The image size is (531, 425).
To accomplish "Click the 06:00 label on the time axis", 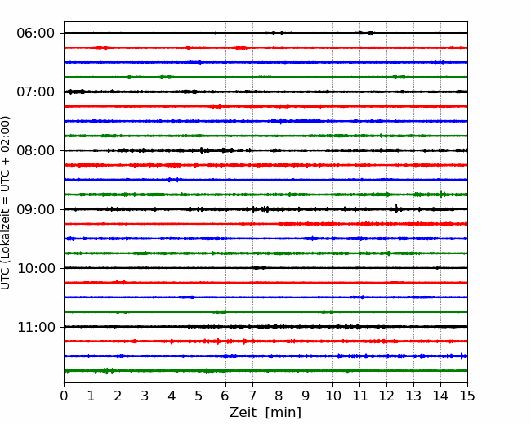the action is pos(36,34).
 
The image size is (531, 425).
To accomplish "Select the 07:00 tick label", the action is pos(36,92).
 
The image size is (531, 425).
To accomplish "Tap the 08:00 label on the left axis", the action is pos(36,150).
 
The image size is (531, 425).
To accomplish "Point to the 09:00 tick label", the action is pos(36,209).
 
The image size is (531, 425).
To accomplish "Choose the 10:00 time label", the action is pos(36,268).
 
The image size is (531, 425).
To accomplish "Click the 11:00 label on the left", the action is pos(36,327).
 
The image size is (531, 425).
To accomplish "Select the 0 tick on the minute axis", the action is pos(64,396).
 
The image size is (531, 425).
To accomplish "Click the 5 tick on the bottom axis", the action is pos(199,396).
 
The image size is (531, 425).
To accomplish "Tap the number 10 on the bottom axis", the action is pos(332,396).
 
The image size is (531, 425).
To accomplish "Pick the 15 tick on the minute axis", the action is pos(467,396).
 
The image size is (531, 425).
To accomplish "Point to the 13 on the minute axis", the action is pos(413,396).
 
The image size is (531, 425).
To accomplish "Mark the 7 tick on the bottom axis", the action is pos(252,396).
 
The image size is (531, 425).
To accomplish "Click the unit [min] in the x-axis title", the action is pos(283,413).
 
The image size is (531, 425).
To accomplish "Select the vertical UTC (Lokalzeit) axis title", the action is pos(6,203).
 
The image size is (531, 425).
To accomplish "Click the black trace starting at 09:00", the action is pos(265,209).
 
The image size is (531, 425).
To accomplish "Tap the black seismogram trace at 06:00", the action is pos(265,33).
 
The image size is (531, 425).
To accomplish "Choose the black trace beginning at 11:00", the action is pos(265,326).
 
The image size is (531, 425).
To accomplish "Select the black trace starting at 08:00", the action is pos(265,150).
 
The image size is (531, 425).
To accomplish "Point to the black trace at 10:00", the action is pos(265,268).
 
